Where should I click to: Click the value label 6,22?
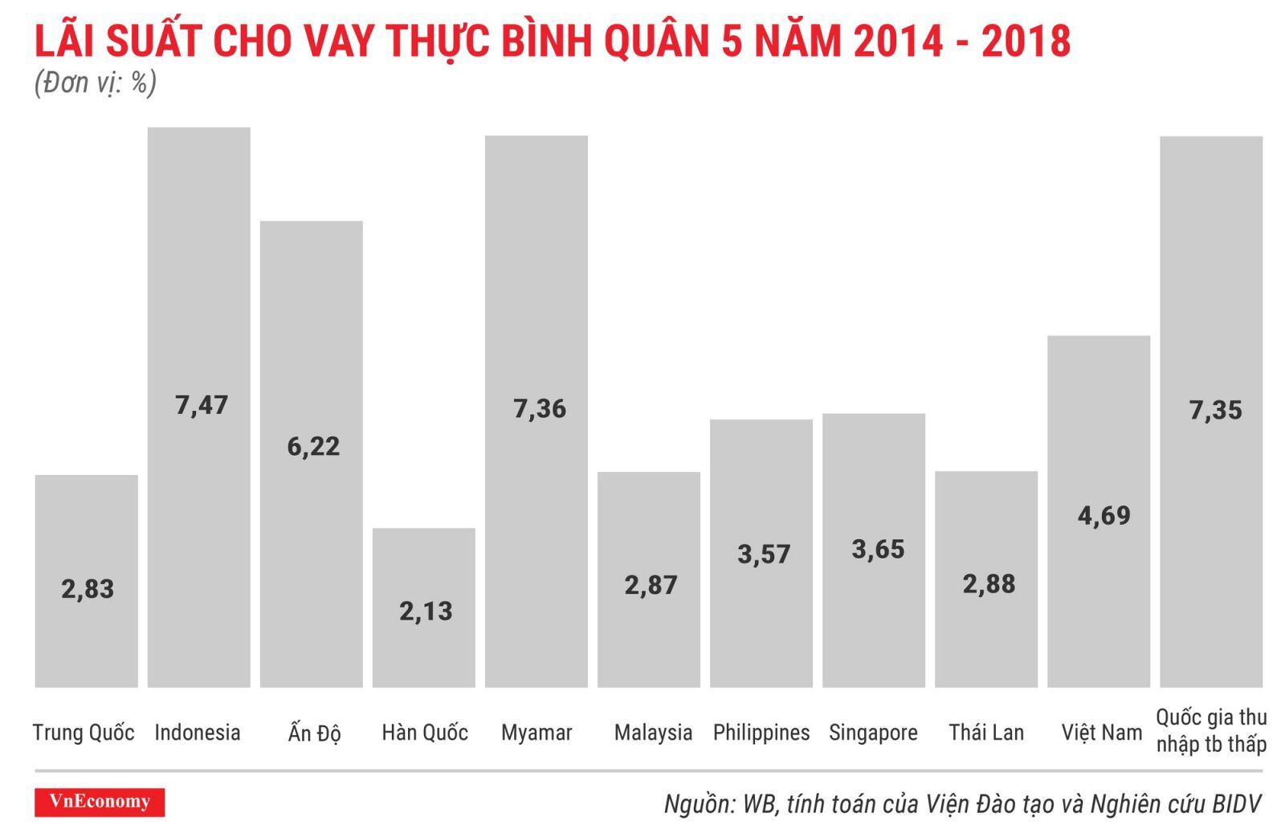click(313, 446)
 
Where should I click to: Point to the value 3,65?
click(878, 550)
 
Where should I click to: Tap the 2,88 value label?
click(989, 584)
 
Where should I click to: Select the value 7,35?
click(1215, 411)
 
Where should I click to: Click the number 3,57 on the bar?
click(764, 554)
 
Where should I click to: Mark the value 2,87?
click(651, 585)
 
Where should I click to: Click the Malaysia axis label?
click(653, 732)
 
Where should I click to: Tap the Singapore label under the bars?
click(873, 732)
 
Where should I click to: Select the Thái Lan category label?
click(986, 732)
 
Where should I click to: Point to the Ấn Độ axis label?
click(314, 732)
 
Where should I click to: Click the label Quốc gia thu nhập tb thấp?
click(1211, 730)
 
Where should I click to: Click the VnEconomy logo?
click(100, 802)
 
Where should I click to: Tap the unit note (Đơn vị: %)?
click(95, 83)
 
